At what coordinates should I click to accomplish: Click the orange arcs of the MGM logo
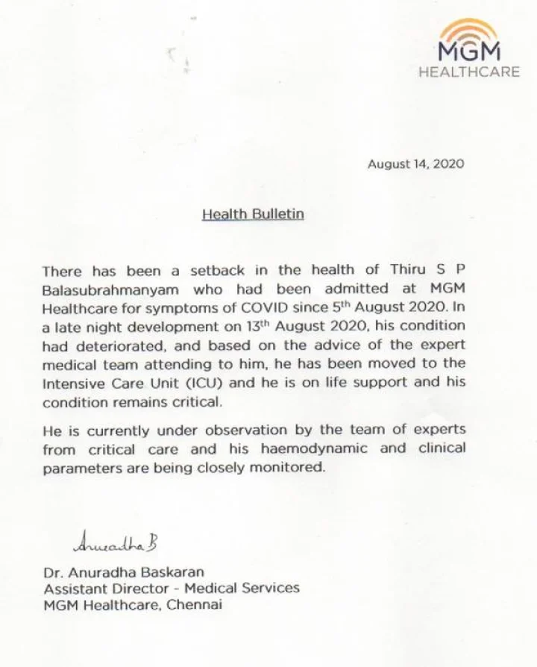click(x=468, y=32)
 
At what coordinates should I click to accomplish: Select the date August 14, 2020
click(x=415, y=164)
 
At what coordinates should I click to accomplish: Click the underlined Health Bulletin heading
click(x=253, y=214)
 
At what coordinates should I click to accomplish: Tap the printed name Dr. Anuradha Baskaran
click(x=123, y=572)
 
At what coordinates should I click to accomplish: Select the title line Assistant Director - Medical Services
click(x=171, y=588)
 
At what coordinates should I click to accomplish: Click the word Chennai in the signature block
click(x=194, y=604)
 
